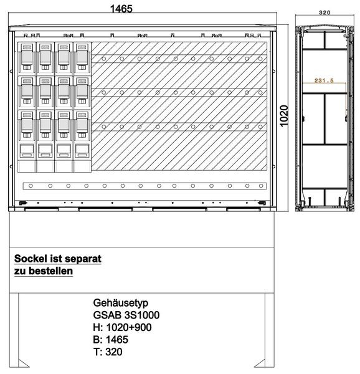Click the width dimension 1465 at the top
(x=121, y=9)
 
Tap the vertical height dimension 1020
(x=284, y=116)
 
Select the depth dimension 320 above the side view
(x=324, y=12)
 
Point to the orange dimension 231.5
(x=324, y=80)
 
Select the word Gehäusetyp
(x=121, y=303)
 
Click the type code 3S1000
(x=142, y=315)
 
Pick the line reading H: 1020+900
(x=123, y=327)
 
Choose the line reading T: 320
(x=108, y=352)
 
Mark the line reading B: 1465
(x=111, y=340)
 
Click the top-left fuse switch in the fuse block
(x=27, y=57)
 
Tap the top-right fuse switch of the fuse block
(x=82, y=57)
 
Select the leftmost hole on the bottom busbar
(x=31, y=186)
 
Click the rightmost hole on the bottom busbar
(x=261, y=186)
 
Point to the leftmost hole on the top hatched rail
(x=104, y=59)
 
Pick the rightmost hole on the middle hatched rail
(x=260, y=92)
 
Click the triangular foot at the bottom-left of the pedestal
(x=24, y=363)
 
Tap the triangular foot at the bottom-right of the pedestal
(x=260, y=363)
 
